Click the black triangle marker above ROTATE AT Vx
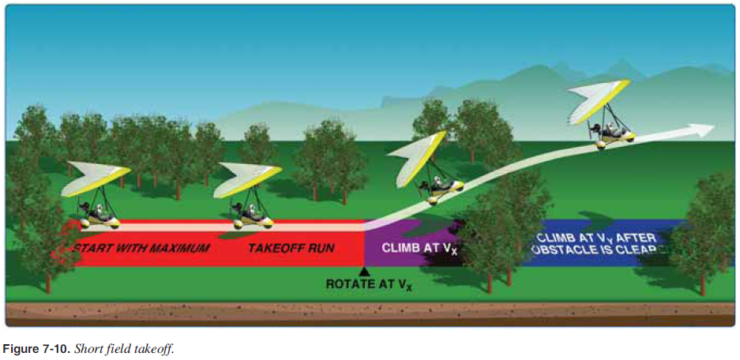pyautogui.click(x=364, y=271)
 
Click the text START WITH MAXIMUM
pyautogui.click(x=141, y=249)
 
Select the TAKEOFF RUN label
pyautogui.click(x=291, y=249)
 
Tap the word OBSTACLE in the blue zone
pyautogui.click(x=563, y=249)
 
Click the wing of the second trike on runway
pyautogui.click(x=246, y=178)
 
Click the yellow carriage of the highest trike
pyautogui.click(x=615, y=138)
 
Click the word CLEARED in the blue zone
pyautogui.click(x=648, y=249)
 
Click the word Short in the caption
pyautogui.click(x=86, y=348)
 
